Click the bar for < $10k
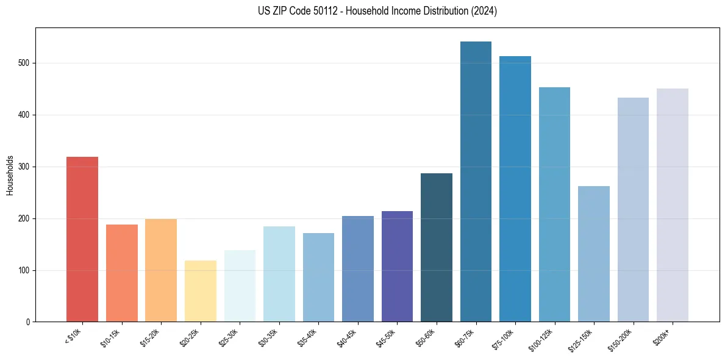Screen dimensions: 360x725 [82, 239]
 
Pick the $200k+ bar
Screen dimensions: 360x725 [672, 205]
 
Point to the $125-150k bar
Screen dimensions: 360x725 [593, 254]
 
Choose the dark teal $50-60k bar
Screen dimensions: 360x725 [437, 247]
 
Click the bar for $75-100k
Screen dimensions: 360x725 [515, 189]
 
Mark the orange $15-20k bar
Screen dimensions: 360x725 [161, 270]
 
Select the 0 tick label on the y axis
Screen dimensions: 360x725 [29, 322]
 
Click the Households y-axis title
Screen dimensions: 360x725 [10, 175]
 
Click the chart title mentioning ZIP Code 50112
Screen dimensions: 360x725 [377, 11]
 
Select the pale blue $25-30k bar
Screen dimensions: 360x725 [240, 286]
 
